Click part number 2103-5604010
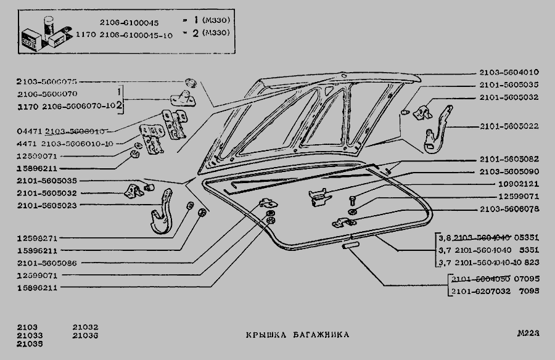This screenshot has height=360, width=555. click(x=509, y=72)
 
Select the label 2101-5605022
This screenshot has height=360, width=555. click(x=509, y=127)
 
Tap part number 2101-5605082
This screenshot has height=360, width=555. click(x=509, y=160)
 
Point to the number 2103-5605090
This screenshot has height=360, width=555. click(x=509, y=171)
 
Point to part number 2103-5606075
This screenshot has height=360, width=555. click(x=47, y=82)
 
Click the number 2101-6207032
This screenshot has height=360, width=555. click(x=480, y=291)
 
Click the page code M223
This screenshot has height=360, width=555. click(x=528, y=333)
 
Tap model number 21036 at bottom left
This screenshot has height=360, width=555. click(x=85, y=336)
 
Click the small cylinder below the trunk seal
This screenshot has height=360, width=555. click(x=350, y=245)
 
